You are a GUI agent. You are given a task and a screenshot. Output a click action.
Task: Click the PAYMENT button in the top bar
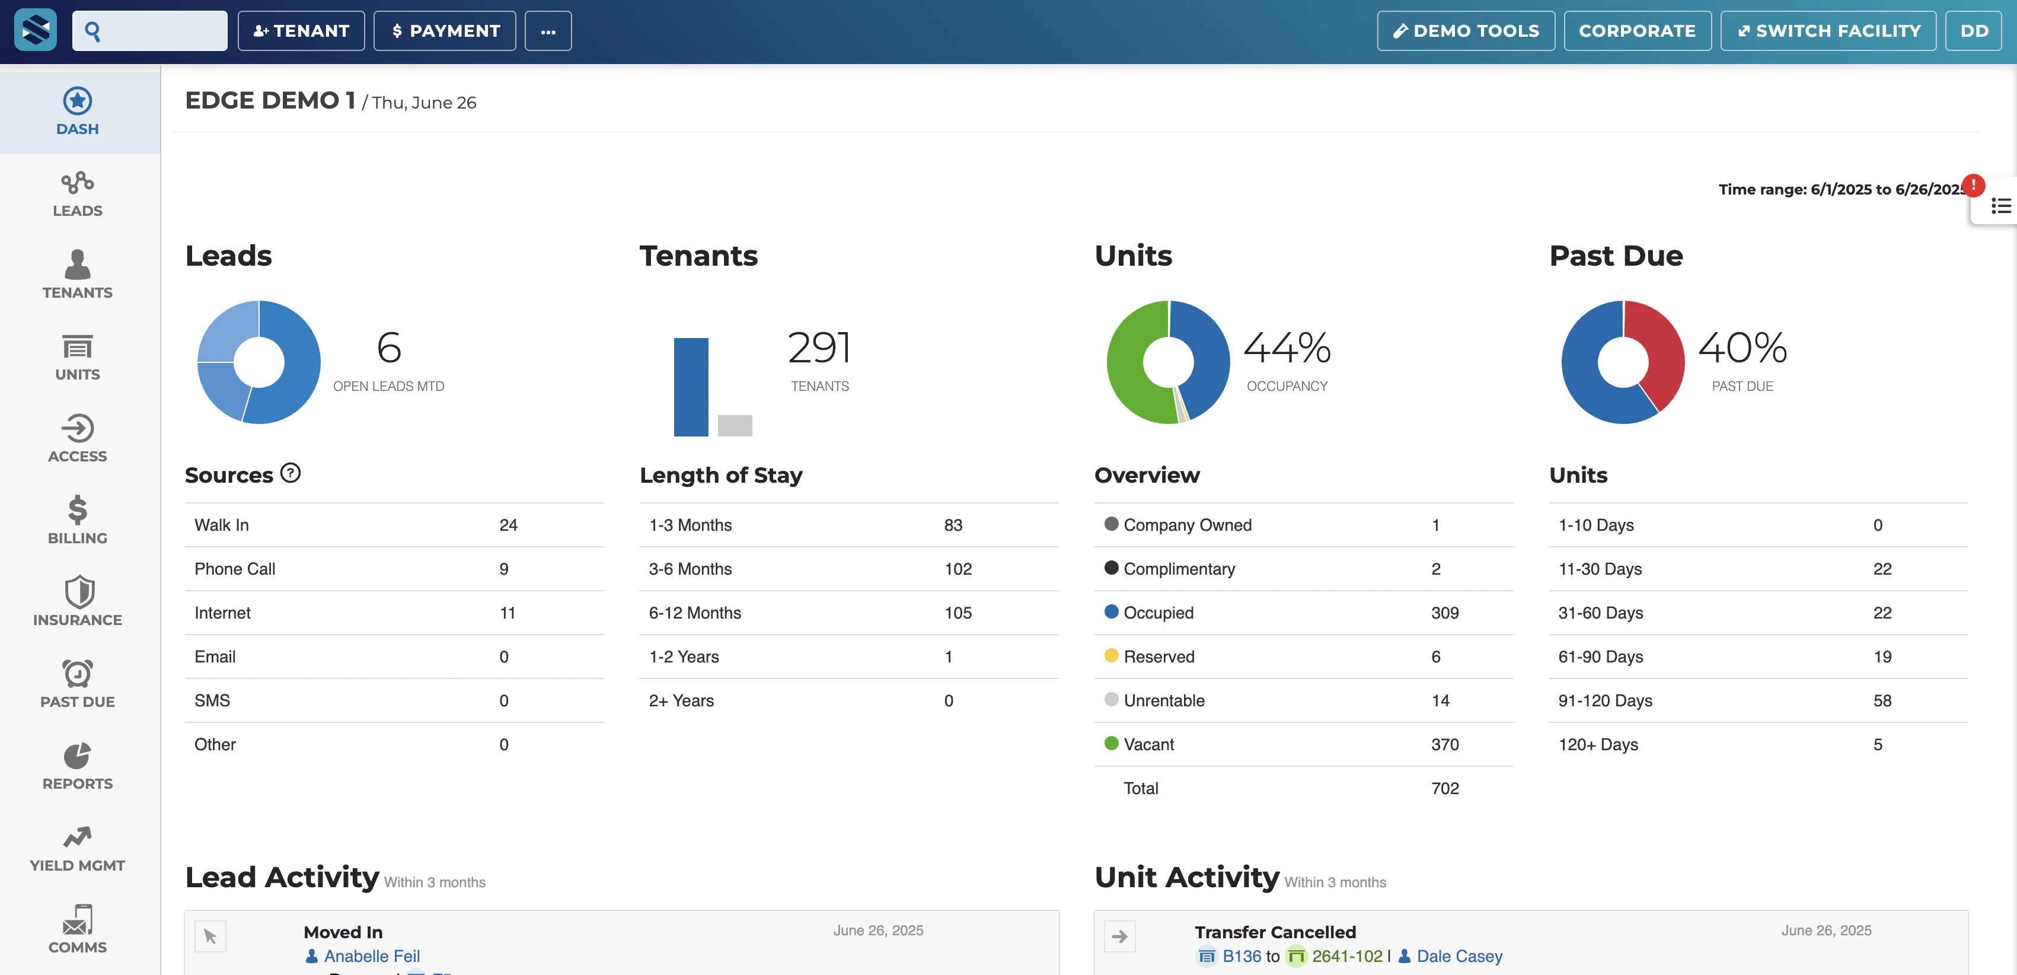point(445,31)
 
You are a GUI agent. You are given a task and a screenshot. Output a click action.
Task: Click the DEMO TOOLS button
point(1465,31)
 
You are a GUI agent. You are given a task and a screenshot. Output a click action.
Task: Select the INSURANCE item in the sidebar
point(78,601)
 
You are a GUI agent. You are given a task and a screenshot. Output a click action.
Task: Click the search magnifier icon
point(92,31)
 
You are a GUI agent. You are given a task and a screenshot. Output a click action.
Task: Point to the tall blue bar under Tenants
point(691,387)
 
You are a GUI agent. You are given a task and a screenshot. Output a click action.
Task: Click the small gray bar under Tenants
point(735,425)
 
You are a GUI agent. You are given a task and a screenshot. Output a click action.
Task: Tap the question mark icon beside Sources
point(291,473)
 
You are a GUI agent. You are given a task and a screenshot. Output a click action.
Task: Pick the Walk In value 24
point(508,525)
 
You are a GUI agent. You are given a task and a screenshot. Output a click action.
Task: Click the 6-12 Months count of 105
point(958,613)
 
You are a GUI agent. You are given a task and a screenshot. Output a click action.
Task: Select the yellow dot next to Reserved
point(1111,655)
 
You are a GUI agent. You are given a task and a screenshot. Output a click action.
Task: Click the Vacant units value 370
point(1445,745)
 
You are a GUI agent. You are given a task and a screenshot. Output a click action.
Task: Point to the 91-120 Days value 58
point(1882,701)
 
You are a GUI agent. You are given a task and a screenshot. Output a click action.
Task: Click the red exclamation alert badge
point(1973,185)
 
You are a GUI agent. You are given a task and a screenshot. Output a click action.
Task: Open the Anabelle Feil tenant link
point(372,956)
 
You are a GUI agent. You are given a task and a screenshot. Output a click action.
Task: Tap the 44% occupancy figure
point(1287,349)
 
